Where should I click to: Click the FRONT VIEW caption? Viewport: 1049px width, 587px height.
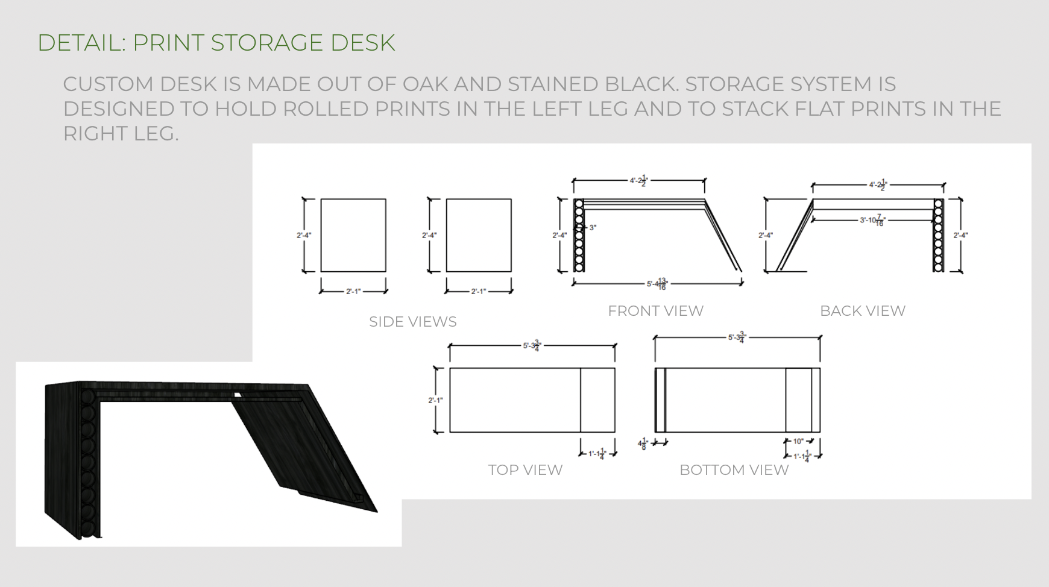tap(655, 311)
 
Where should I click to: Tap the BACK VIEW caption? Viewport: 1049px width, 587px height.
tap(862, 311)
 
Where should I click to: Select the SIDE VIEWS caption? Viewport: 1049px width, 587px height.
tap(412, 322)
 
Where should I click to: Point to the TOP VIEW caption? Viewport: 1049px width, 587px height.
tap(525, 470)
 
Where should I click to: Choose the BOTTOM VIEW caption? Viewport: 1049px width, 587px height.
tap(734, 470)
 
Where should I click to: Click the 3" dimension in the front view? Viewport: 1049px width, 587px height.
tap(592, 228)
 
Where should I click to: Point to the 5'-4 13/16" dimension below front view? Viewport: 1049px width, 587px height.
tap(657, 284)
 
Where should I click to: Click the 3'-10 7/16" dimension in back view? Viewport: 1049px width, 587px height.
tap(872, 221)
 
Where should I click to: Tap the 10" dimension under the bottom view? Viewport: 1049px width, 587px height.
tap(798, 441)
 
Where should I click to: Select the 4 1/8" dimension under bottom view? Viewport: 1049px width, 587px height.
tap(643, 444)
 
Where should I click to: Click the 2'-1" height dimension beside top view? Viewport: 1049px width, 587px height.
tap(435, 400)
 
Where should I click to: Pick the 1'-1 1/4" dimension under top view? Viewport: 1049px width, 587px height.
tap(597, 454)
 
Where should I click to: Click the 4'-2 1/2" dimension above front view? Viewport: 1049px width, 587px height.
tap(638, 180)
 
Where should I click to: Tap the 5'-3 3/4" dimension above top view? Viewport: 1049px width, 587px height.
tap(532, 346)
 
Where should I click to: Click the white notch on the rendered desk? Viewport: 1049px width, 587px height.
tap(238, 395)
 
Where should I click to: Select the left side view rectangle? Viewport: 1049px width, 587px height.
tap(353, 235)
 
